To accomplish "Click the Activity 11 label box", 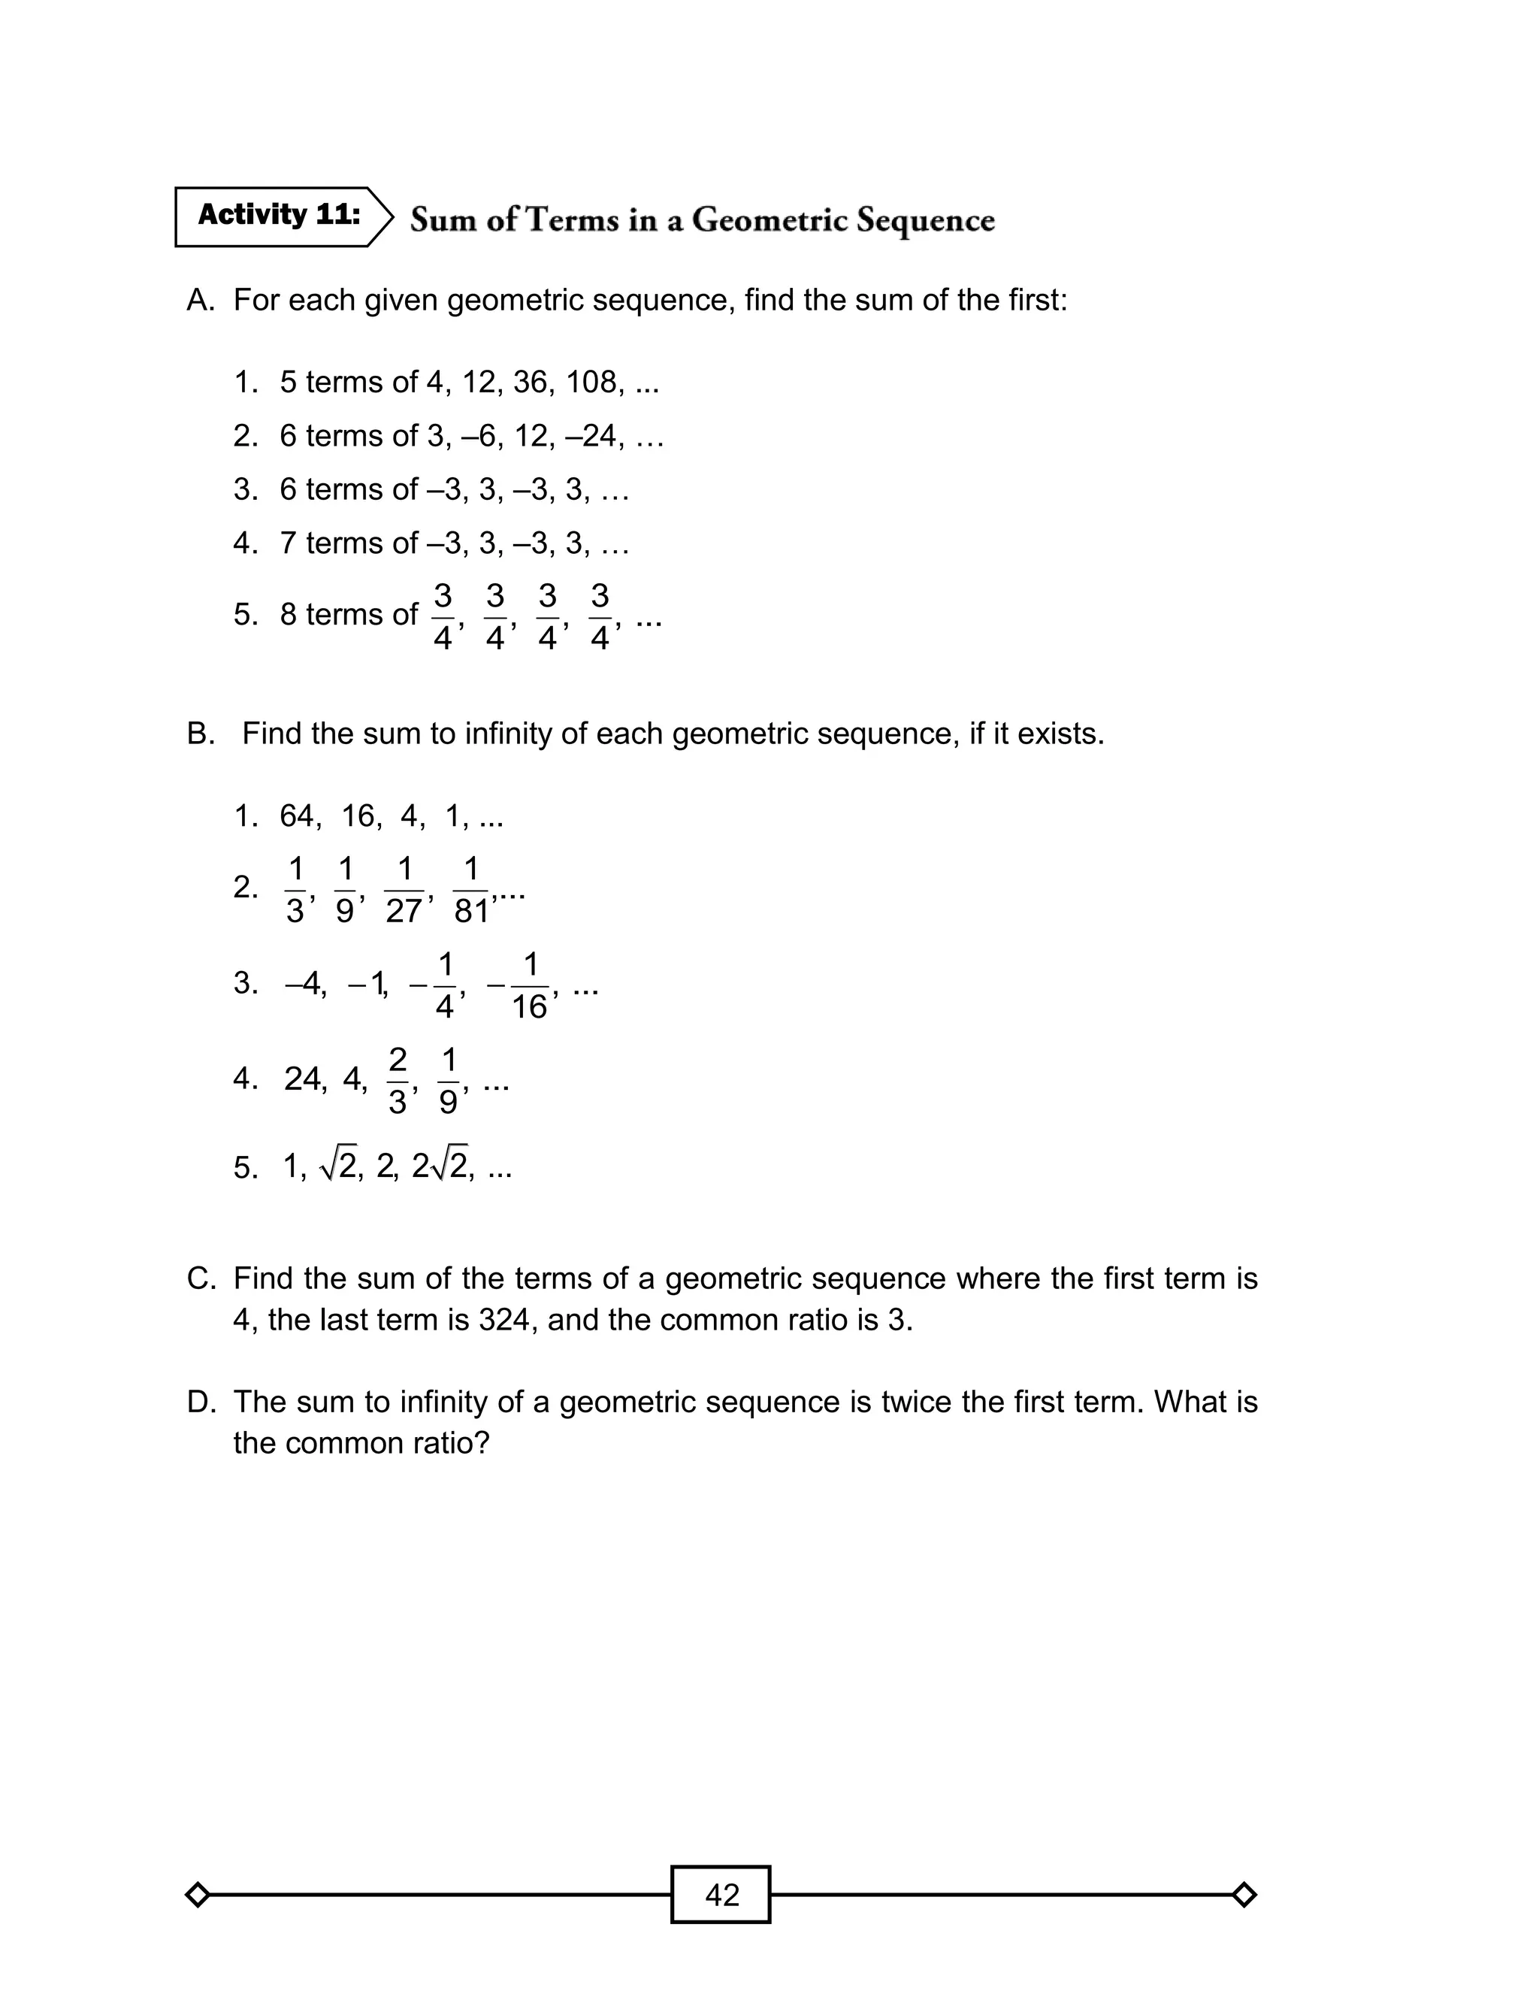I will [280, 216].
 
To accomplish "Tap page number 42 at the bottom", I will [721, 1894].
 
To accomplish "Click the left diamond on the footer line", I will [197, 1894].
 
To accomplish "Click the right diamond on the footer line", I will [1243, 1894].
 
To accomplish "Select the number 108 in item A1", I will [591, 382].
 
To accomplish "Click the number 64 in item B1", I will [298, 815].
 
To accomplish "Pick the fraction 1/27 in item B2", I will [404, 889].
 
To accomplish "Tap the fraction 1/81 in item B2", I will [471, 889].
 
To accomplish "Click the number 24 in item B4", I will [302, 1080].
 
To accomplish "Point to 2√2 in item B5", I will [440, 1167].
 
